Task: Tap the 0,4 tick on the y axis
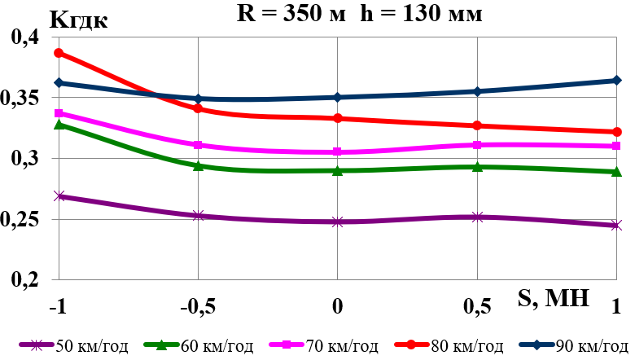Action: pyautogui.click(x=24, y=38)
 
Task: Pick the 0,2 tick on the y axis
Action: pyautogui.click(x=24, y=280)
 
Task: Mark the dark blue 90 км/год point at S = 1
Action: pyautogui.click(x=616, y=81)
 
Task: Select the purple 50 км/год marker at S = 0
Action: pyautogui.click(x=337, y=222)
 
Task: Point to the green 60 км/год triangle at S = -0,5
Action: pyautogui.click(x=198, y=165)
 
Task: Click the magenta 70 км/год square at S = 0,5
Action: pyautogui.click(x=477, y=145)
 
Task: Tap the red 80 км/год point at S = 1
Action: pyautogui.click(x=616, y=132)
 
